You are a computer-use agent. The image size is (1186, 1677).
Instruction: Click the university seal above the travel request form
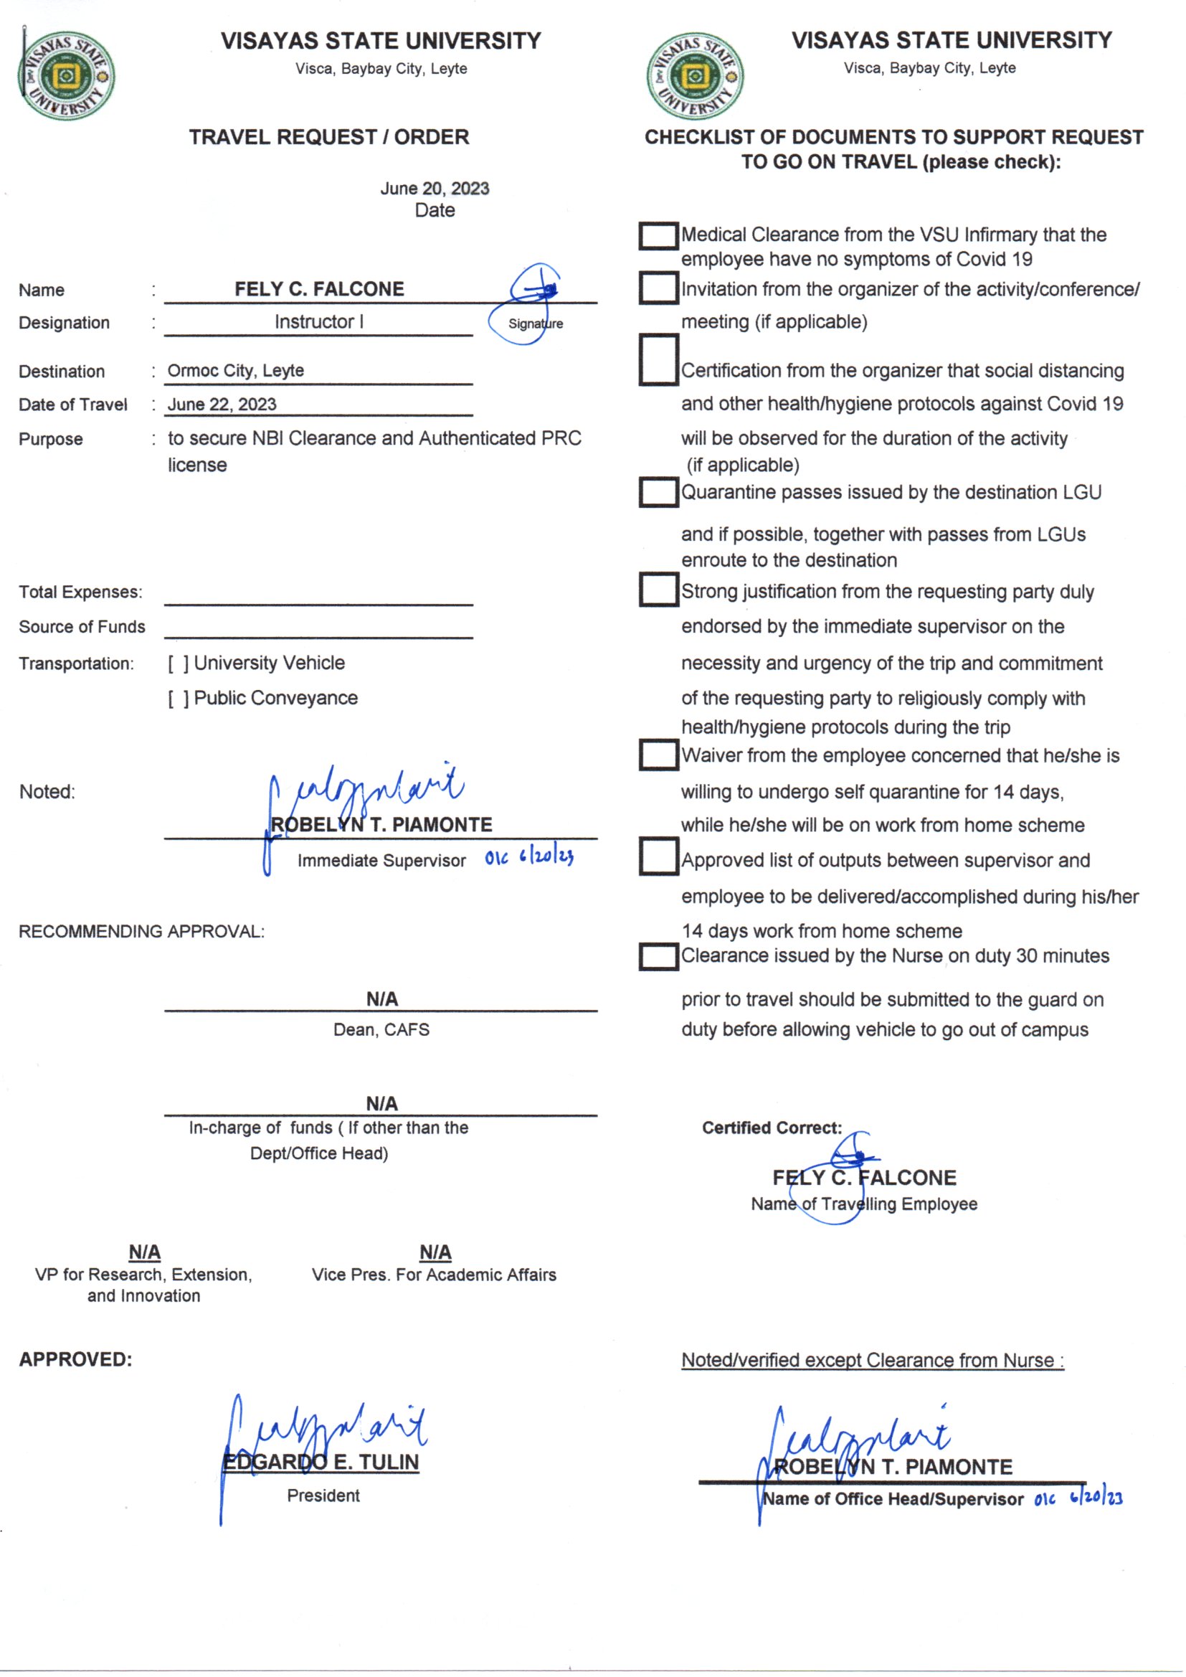(66, 75)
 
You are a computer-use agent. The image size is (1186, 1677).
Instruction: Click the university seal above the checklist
(696, 75)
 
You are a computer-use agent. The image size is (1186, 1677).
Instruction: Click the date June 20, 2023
(435, 189)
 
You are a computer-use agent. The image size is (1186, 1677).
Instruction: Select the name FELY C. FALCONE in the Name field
(319, 289)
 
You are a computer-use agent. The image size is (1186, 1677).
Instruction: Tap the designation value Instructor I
(318, 322)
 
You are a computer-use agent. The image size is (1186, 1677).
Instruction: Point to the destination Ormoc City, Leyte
(236, 371)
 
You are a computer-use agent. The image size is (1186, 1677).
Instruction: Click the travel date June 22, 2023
(222, 405)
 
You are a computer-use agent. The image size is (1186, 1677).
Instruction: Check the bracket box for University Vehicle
(179, 664)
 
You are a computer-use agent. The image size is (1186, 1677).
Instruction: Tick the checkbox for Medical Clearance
(658, 236)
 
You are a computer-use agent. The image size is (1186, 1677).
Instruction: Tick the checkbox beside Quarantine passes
(658, 492)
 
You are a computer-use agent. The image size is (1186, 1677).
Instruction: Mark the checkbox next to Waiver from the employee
(658, 755)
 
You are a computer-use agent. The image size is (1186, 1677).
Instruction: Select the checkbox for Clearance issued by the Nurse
(658, 957)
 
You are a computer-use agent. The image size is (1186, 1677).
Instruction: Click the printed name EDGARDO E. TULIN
(321, 1463)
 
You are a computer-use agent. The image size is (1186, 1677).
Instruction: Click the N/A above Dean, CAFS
(382, 999)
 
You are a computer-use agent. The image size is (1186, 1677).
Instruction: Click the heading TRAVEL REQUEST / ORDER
(328, 137)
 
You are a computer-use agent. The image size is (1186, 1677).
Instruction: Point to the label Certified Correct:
(772, 1128)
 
